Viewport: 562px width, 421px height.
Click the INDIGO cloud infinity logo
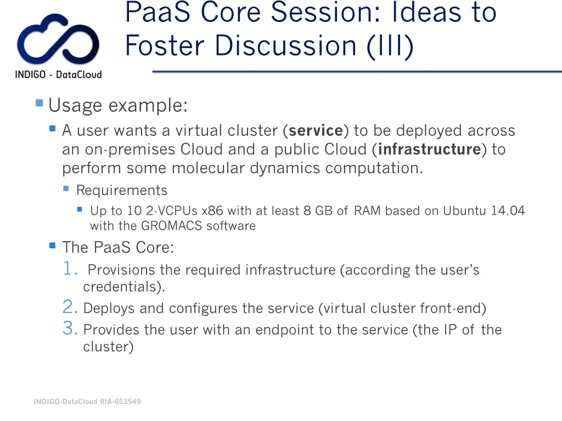pyautogui.click(x=58, y=41)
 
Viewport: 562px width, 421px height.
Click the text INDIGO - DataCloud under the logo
pyautogui.click(x=58, y=75)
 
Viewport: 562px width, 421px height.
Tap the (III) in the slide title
pyautogui.click(x=391, y=45)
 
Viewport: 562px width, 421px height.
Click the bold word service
pyautogui.click(x=316, y=131)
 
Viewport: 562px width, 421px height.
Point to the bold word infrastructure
pyautogui.click(x=430, y=150)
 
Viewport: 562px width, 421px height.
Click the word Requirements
pyautogui.click(x=121, y=191)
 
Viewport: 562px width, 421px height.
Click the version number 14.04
pyautogui.click(x=508, y=211)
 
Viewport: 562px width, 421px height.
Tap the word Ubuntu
pyautogui.click(x=464, y=211)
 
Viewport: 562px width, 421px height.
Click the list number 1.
pyautogui.click(x=70, y=269)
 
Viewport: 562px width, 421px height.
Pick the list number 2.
pyautogui.click(x=70, y=308)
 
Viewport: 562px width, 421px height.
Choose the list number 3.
pyautogui.click(x=70, y=329)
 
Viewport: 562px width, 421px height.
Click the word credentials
pyautogui.click(x=122, y=287)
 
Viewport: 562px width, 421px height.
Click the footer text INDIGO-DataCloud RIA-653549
pyautogui.click(x=87, y=402)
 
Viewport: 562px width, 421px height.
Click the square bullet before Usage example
pyautogui.click(x=39, y=103)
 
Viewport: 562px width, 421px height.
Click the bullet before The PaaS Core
pyautogui.click(x=53, y=246)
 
